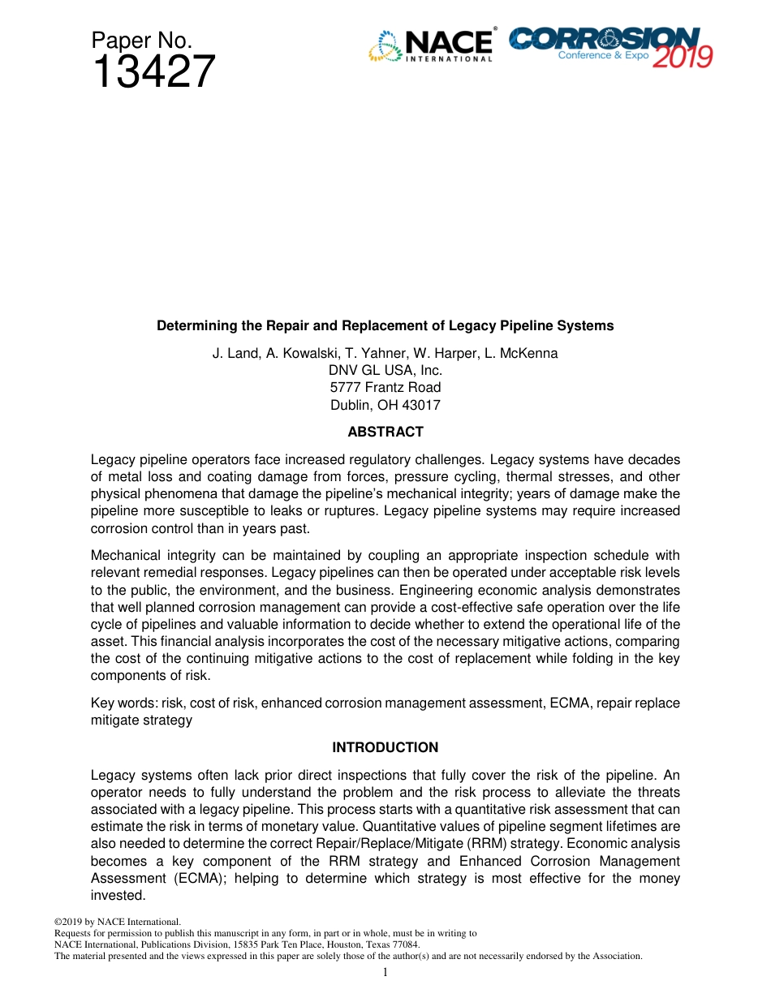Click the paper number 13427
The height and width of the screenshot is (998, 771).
[x=153, y=73]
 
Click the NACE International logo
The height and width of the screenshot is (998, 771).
[x=431, y=45]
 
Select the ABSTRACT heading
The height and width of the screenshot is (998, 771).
[x=385, y=432]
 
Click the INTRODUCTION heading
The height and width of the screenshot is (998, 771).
[x=385, y=747]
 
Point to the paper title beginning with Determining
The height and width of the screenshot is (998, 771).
[x=385, y=325]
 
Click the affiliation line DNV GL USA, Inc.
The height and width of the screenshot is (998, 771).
[x=385, y=370]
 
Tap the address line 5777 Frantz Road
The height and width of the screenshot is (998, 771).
[x=385, y=387]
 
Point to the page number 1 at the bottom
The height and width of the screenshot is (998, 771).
[x=385, y=972]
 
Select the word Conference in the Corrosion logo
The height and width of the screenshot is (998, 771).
[x=587, y=55]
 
